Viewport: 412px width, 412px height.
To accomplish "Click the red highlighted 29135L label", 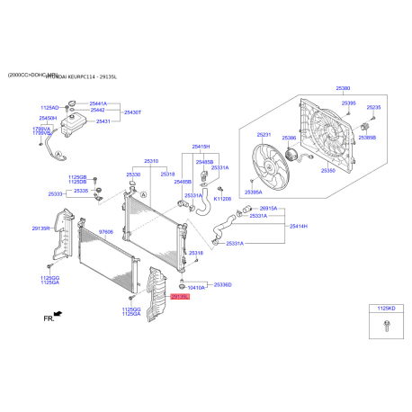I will [180, 295].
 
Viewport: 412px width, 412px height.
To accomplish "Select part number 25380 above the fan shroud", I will [344, 89].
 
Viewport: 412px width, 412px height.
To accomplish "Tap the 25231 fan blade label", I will [264, 135].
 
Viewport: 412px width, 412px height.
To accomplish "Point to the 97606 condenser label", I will [106, 232].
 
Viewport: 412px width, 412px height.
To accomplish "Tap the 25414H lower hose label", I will [299, 226].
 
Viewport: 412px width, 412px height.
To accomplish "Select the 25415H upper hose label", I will [201, 146].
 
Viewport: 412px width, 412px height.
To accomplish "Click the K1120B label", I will [222, 199].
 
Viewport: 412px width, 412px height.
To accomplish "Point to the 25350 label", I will [328, 170].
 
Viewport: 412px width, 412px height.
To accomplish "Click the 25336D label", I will [222, 284].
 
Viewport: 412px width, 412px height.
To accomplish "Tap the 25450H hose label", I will [48, 118].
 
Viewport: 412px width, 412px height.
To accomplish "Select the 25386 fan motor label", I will [289, 139].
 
